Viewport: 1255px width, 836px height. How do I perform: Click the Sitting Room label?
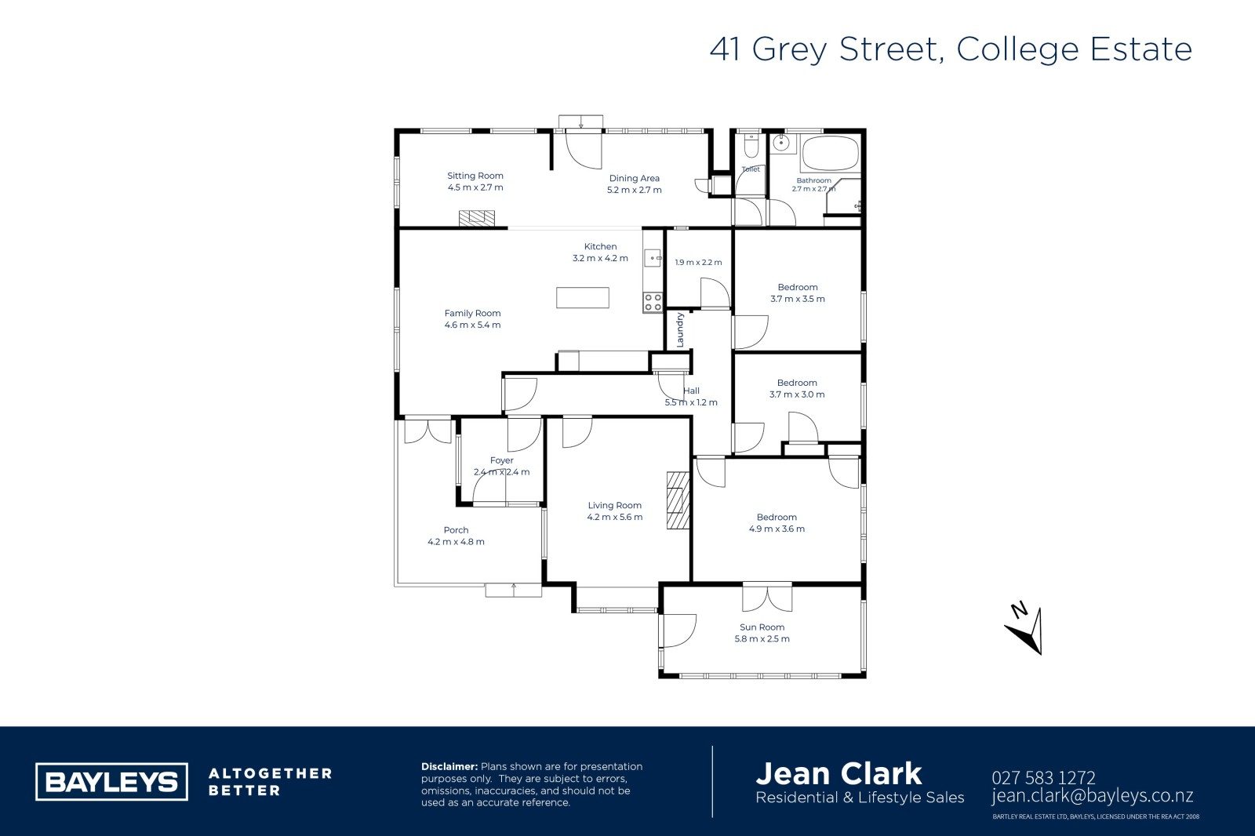[475, 176]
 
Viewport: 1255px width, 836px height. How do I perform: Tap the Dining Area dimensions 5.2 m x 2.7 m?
[635, 190]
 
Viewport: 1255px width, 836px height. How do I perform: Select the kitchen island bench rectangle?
[583, 297]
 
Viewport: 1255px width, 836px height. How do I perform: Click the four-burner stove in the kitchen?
[653, 303]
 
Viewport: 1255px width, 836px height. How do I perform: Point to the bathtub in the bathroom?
[831, 153]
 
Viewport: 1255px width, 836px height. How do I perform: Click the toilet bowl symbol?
[751, 146]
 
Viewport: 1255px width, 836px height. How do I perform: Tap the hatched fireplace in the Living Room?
[678, 500]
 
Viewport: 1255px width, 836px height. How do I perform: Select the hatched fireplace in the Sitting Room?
[477, 218]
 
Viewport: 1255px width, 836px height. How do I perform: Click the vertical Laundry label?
[680, 330]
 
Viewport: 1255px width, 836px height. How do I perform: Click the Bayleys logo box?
[111, 781]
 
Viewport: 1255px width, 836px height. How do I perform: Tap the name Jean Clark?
[838, 774]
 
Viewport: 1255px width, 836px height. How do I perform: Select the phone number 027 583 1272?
[1043, 778]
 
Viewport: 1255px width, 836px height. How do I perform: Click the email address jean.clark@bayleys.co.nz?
[1092, 796]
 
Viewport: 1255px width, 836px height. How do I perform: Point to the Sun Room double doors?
[767, 598]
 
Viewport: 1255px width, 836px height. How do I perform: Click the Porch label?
[456, 529]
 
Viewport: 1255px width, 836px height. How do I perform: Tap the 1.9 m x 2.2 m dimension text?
[698, 262]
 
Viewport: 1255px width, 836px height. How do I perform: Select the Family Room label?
[472, 313]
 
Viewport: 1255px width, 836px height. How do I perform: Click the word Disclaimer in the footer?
[449, 766]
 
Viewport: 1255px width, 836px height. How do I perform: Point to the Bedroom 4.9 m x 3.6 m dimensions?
[777, 529]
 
